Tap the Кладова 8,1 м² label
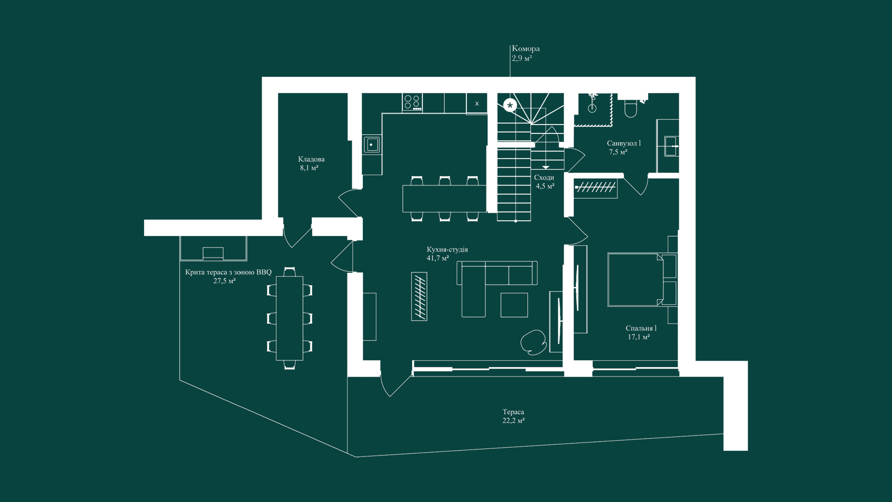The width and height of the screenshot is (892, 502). [x=311, y=163]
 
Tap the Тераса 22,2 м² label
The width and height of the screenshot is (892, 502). [x=513, y=416]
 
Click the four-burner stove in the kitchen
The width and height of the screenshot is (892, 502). [x=412, y=102]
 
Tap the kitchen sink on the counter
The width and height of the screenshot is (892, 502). [x=371, y=145]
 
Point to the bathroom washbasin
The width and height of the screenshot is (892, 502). [x=671, y=146]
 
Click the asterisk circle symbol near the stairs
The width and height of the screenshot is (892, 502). [x=510, y=106]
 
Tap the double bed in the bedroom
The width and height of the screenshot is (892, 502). [x=641, y=279]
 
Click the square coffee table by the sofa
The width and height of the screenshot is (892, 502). [x=514, y=305]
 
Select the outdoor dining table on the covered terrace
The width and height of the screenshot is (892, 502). [x=289, y=318]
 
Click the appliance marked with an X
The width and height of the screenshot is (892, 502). [x=477, y=104]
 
